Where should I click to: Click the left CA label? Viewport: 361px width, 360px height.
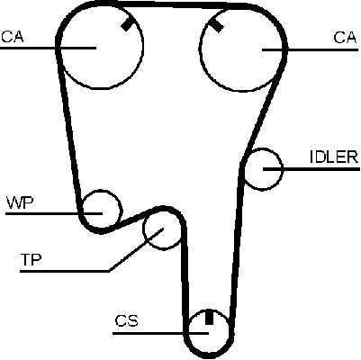(13, 36)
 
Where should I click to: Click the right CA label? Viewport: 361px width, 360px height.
(345, 38)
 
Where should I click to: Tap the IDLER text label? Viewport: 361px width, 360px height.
(334, 157)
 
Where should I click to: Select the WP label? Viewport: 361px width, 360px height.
(20, 202)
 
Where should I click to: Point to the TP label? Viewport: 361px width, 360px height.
(31, 259)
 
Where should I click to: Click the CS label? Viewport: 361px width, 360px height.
(127, 320)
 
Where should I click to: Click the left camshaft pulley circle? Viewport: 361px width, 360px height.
(60, 45)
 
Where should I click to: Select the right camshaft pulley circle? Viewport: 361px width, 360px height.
(199, 48)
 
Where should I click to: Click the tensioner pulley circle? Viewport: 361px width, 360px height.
(143, 229)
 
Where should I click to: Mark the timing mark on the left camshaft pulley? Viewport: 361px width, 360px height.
(127, 24)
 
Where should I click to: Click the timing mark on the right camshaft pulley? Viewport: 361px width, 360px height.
(216, 25)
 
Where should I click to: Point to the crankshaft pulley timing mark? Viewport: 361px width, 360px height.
(209, 317)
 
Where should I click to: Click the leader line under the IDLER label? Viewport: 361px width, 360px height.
(311, 169)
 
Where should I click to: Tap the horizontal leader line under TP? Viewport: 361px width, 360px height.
(65, 271)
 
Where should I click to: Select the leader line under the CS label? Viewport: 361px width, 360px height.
(160, 333)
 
